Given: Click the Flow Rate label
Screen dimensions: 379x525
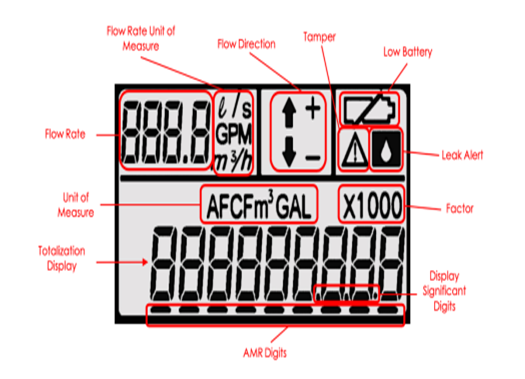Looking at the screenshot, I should click(x=68, y=132).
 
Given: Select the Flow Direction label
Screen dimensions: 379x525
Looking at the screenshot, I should click(x=246, y=45).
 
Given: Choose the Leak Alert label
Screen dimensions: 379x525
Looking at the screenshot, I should click(x=467, y=154).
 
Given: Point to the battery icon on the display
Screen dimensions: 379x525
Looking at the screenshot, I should click(x=368, y=107).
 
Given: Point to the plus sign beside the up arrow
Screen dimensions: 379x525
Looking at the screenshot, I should click(x=311, y=111).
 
